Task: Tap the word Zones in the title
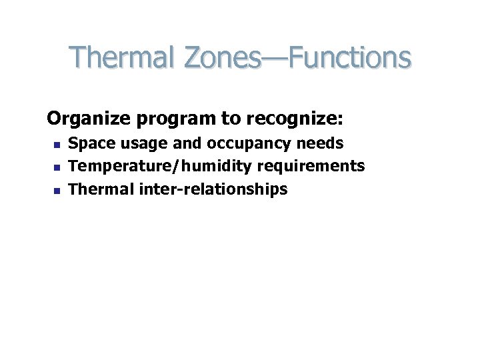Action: (222, 58)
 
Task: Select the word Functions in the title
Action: (348, 58)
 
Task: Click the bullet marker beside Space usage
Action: (57, 144)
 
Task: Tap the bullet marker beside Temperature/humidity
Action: (57, 167)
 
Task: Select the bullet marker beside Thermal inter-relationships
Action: (57, 190)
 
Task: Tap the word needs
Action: (323, 143)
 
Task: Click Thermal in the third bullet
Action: (101, 189)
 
